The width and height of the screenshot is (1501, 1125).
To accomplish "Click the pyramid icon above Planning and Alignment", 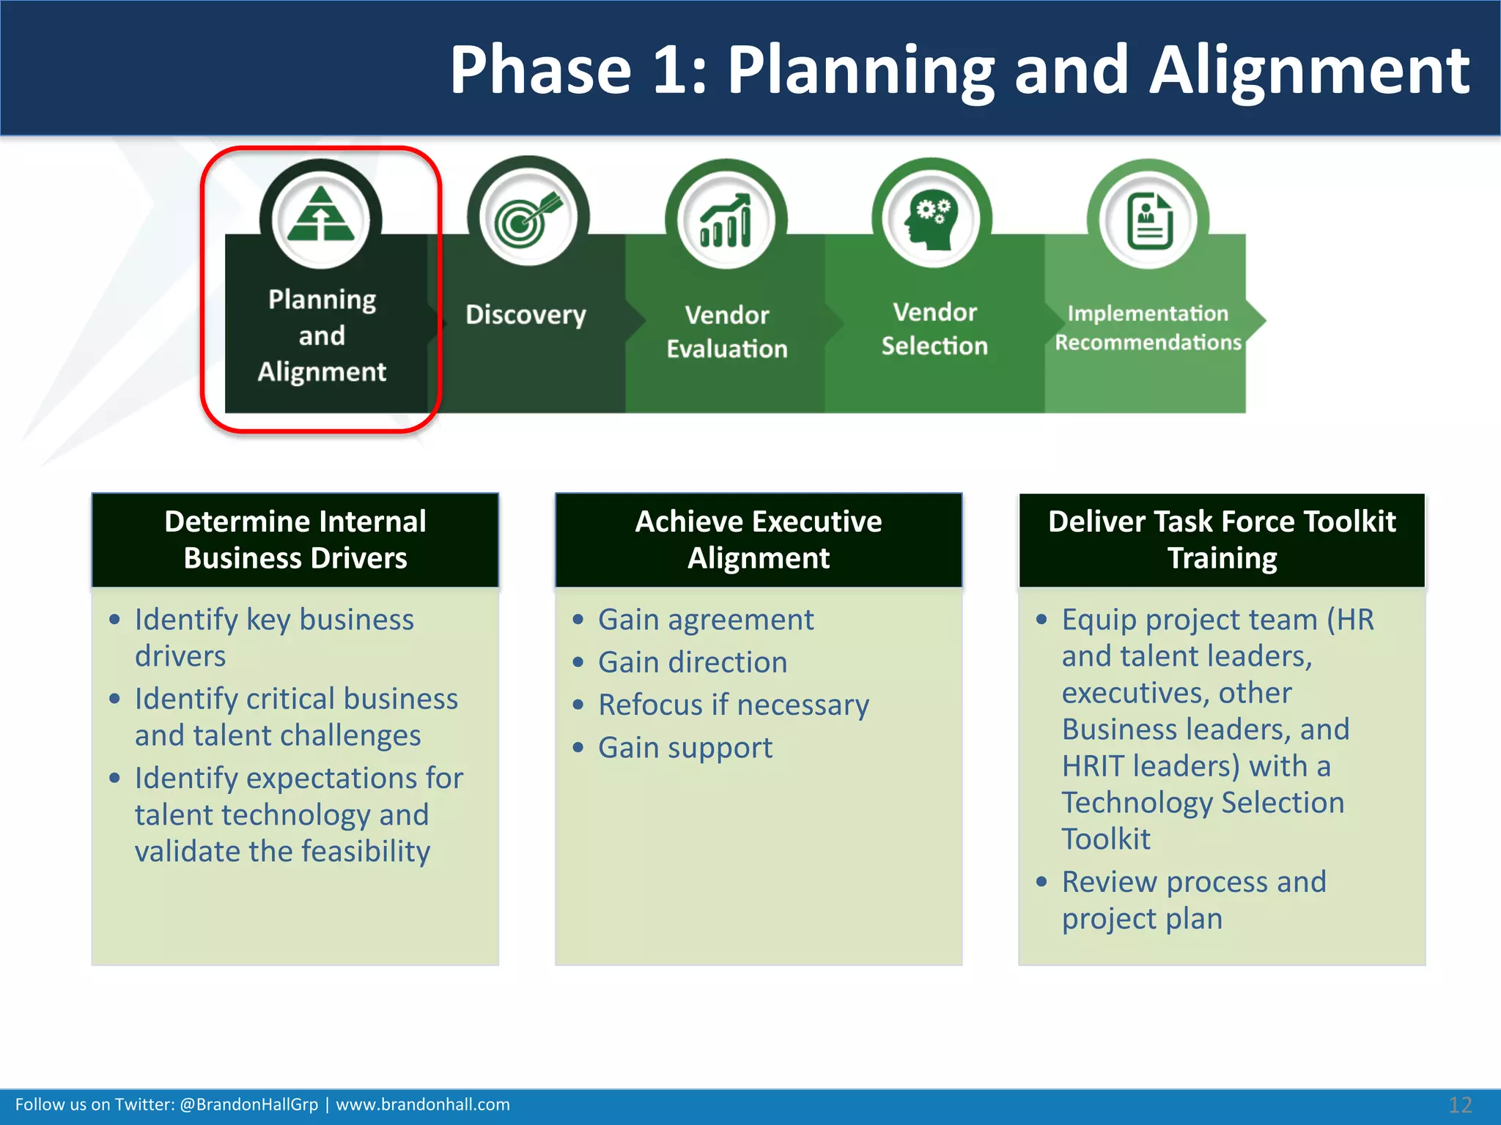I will coord(321,215).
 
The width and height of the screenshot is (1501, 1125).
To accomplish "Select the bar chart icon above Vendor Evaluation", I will coord(726,220).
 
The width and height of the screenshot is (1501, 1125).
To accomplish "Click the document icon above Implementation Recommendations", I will coord(1148,220).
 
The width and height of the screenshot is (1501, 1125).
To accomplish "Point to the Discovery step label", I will coord(525,315).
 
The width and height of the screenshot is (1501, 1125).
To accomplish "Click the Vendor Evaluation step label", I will coord(726,332).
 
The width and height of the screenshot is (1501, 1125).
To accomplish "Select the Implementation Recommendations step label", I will coord(1148,328).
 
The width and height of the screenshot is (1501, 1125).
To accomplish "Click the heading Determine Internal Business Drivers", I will coord(295,540).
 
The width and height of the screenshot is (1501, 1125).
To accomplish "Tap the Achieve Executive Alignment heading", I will coord(759,540).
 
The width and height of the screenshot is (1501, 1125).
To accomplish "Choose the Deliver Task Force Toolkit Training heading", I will coord(1222,540).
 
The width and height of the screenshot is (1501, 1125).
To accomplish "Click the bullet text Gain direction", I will coord(693,662).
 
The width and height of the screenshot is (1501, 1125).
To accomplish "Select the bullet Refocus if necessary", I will coord(734,705).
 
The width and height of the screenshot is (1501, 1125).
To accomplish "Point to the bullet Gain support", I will coord(685,748).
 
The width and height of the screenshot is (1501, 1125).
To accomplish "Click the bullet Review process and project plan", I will coord(1194,900).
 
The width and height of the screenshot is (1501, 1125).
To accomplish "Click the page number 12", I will coord(1459,1104).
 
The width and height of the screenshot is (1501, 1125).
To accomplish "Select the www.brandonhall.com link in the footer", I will coord(423,1104).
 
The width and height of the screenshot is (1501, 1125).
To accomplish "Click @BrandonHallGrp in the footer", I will coord(248,1104).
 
